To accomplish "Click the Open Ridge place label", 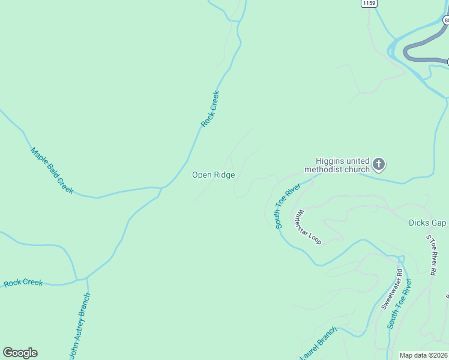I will [213, 175].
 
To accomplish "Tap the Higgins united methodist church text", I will [337, 165].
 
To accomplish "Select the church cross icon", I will [379, 163].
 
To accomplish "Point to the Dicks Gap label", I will [427, 223].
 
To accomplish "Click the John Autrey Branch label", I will [80, 326].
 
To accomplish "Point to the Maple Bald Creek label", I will [52, 170].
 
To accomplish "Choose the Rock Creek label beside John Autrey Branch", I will [23, 283].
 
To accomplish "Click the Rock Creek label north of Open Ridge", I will [210, 109].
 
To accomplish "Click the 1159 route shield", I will [369, 4].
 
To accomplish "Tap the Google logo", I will [20, 353].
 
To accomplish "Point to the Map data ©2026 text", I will [423, 355].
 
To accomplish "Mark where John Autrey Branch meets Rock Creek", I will [87, 278].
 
